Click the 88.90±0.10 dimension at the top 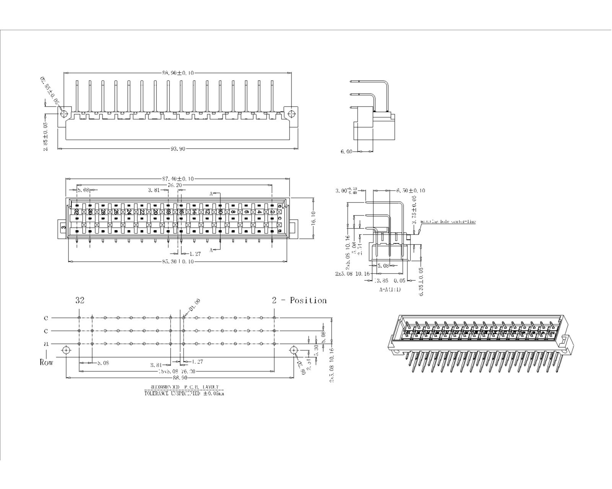coord(178,73)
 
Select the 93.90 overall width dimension coord(178,149)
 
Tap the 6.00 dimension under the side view coord(346,152)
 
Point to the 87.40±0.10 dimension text coord(178,179)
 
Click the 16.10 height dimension coord(313,219)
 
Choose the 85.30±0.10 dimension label coord(178,262)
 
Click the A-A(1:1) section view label coord(390,290)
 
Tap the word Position coord(308,300)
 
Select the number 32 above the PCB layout coord(80,300)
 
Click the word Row coord(46,362)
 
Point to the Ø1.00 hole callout coord(194,306)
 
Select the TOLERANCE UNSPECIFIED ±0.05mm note coord(184,393)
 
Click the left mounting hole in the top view coord(64,113)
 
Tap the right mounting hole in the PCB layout coord(293,350)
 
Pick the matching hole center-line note coord(448,222)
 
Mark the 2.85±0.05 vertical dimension coord(46,136)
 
